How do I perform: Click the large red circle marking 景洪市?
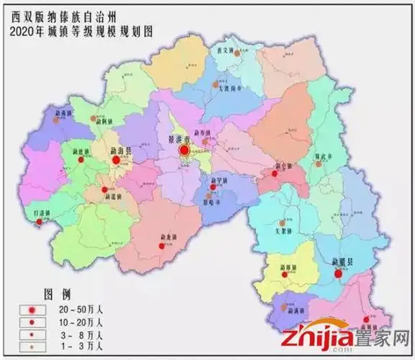185,150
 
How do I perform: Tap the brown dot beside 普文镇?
236,53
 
